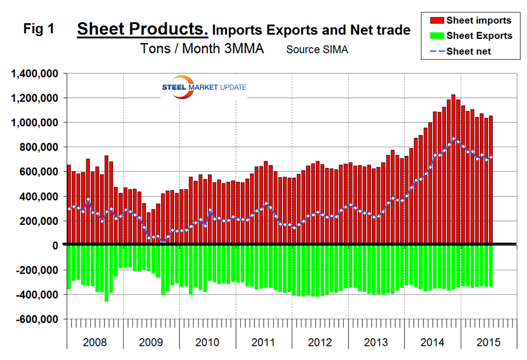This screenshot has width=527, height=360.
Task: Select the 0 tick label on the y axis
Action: click(56, 246)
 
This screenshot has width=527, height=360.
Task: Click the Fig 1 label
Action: click(39, 29)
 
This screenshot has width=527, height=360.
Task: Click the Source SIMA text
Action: click(317, 49)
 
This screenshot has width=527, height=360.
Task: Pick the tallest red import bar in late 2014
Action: click(453, 170)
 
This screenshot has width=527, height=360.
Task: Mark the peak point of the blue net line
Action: click(453, 139)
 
